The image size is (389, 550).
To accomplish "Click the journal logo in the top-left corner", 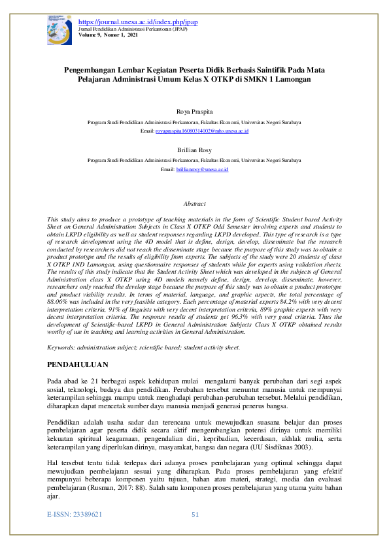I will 59,31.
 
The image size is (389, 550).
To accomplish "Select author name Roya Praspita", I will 194,112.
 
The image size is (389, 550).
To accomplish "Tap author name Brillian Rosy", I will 194,150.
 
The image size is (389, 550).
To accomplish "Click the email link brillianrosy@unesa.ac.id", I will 202,169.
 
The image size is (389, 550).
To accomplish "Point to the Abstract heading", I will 194,204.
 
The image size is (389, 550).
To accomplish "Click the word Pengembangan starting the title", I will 92,69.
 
